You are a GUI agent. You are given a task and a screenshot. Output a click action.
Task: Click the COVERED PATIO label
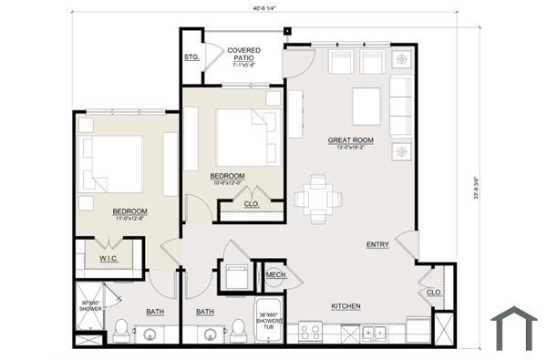click(x=244, y=57)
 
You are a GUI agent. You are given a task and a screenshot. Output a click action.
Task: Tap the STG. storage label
click(x=191, y=57)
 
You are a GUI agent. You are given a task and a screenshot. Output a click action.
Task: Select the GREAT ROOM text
click(x=352, y=141)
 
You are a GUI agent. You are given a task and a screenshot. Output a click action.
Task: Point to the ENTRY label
click(x=377, y=244)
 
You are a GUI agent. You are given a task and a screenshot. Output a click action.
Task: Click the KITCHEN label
click(x=346, y=306)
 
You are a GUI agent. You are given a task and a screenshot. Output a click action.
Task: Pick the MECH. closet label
click(x=276, y=274)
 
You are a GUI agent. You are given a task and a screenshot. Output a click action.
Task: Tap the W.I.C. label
click(x=108, y=260)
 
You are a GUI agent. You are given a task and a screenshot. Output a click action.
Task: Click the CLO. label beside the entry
click(x=434, y=293)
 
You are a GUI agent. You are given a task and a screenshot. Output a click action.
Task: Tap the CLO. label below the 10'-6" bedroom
click(x=252, y=205)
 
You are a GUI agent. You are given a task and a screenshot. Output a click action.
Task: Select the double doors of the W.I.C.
click(x=108, y=243)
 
